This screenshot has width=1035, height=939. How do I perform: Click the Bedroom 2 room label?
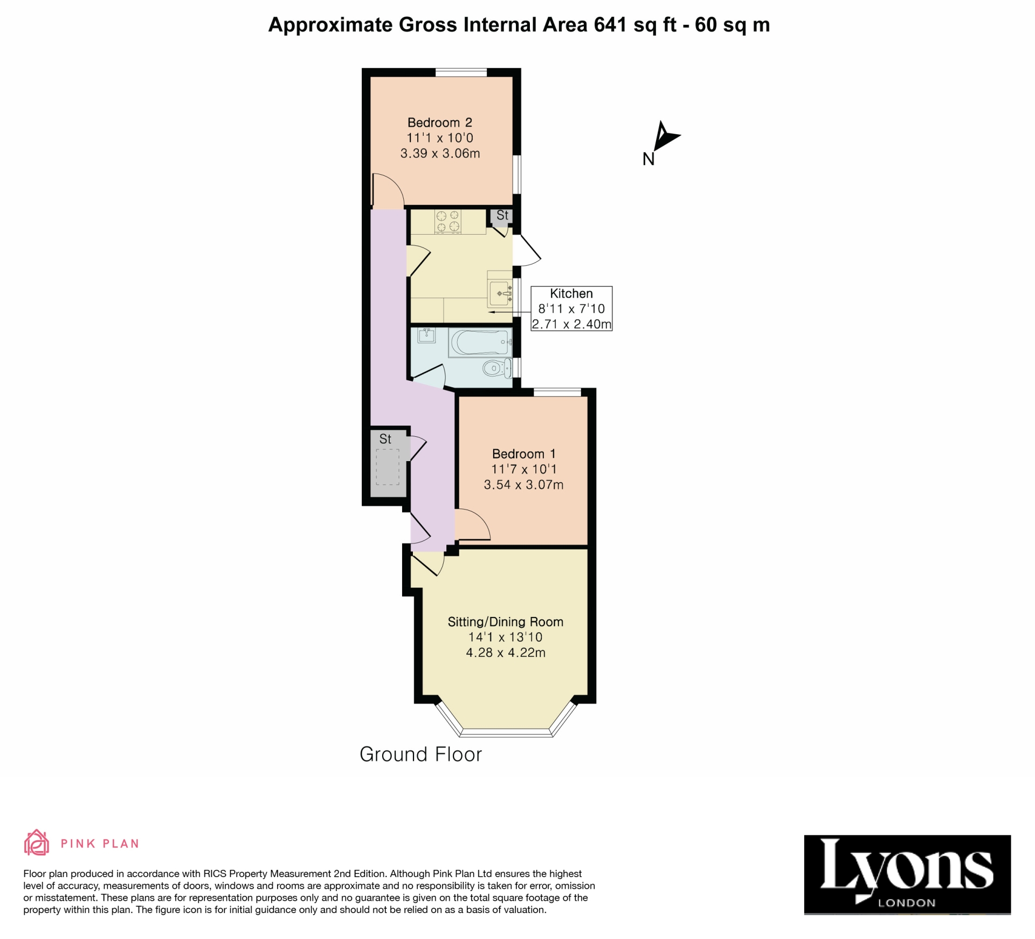coord(440,123)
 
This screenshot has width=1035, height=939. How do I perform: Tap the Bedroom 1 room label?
coord(523,454)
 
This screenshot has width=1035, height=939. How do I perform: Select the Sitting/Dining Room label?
coord(506,622)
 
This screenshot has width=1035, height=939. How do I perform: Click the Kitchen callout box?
coord(571,309)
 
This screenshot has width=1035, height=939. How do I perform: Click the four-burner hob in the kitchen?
coord(448,222)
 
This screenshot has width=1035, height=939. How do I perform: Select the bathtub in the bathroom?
coord(480,342)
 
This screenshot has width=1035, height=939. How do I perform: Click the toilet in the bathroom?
coord(497,369)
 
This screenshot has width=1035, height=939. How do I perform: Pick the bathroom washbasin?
coord(426,335)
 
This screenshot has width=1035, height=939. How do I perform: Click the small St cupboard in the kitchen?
coord(501,217)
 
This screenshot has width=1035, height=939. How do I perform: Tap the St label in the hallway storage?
coord(385,439)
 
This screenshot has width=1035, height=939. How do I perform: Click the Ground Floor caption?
coord(420,755)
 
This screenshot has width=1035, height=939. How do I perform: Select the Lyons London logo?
coord(907,875)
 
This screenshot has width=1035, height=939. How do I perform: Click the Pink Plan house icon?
coord(36,843)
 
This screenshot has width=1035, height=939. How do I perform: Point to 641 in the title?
coord(610,25)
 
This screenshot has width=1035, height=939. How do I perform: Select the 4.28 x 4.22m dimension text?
coord(506,653)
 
